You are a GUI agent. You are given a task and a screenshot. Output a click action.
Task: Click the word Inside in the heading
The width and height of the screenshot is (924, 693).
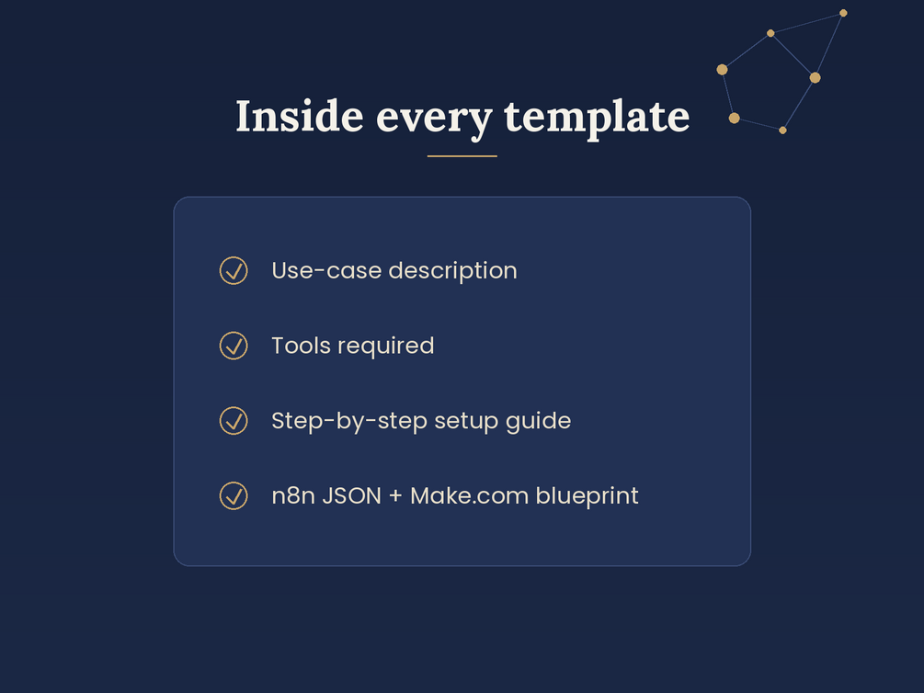click(x=300, y=116)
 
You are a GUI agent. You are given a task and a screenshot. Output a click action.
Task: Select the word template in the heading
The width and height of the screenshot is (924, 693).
click(x=597, y=118)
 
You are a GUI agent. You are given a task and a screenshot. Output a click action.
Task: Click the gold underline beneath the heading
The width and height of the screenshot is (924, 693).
click(x=462, y=156)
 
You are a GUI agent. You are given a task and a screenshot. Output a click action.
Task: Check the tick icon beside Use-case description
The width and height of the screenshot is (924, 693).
click(x=234, y=270)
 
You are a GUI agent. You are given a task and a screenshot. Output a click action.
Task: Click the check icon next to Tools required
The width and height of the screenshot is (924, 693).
click(x=234, y=346)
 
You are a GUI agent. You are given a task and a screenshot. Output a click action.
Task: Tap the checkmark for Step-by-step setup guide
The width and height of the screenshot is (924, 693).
click(x=234, y=421)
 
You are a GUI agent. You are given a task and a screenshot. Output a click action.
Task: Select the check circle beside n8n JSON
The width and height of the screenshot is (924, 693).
click(x=234, y=495)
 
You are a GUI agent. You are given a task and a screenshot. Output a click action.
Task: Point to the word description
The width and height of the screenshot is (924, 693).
click(x=452, y=271)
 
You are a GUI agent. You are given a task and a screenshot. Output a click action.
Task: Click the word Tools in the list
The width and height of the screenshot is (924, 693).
click(x=302, y=346)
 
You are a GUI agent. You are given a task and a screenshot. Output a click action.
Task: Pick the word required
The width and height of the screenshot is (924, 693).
click(x=386, y=346)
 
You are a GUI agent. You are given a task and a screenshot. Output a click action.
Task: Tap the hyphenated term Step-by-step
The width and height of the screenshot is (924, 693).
click(x=349, y=422)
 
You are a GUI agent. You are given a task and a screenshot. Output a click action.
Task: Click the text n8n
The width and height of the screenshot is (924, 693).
click(x=293, y=496)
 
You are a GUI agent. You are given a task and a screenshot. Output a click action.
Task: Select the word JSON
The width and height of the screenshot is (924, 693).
click(x=352, y=496)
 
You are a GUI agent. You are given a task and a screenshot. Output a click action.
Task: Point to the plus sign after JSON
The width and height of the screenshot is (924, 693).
click(x=396, y=496)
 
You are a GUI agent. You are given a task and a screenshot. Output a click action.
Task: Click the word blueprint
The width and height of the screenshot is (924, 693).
click(x=587, y=496)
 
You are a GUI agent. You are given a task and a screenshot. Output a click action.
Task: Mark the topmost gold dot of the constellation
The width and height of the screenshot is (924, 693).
click(x=843, y=13)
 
